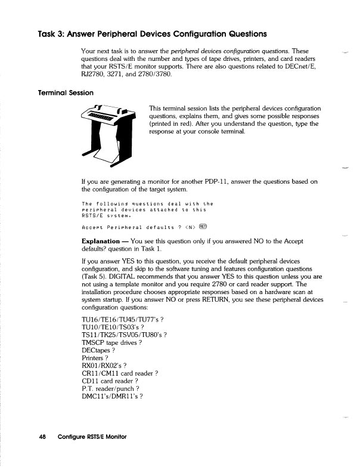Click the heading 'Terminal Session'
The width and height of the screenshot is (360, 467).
pos(55,93)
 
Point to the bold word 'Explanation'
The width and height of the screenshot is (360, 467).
pos(104,242)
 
